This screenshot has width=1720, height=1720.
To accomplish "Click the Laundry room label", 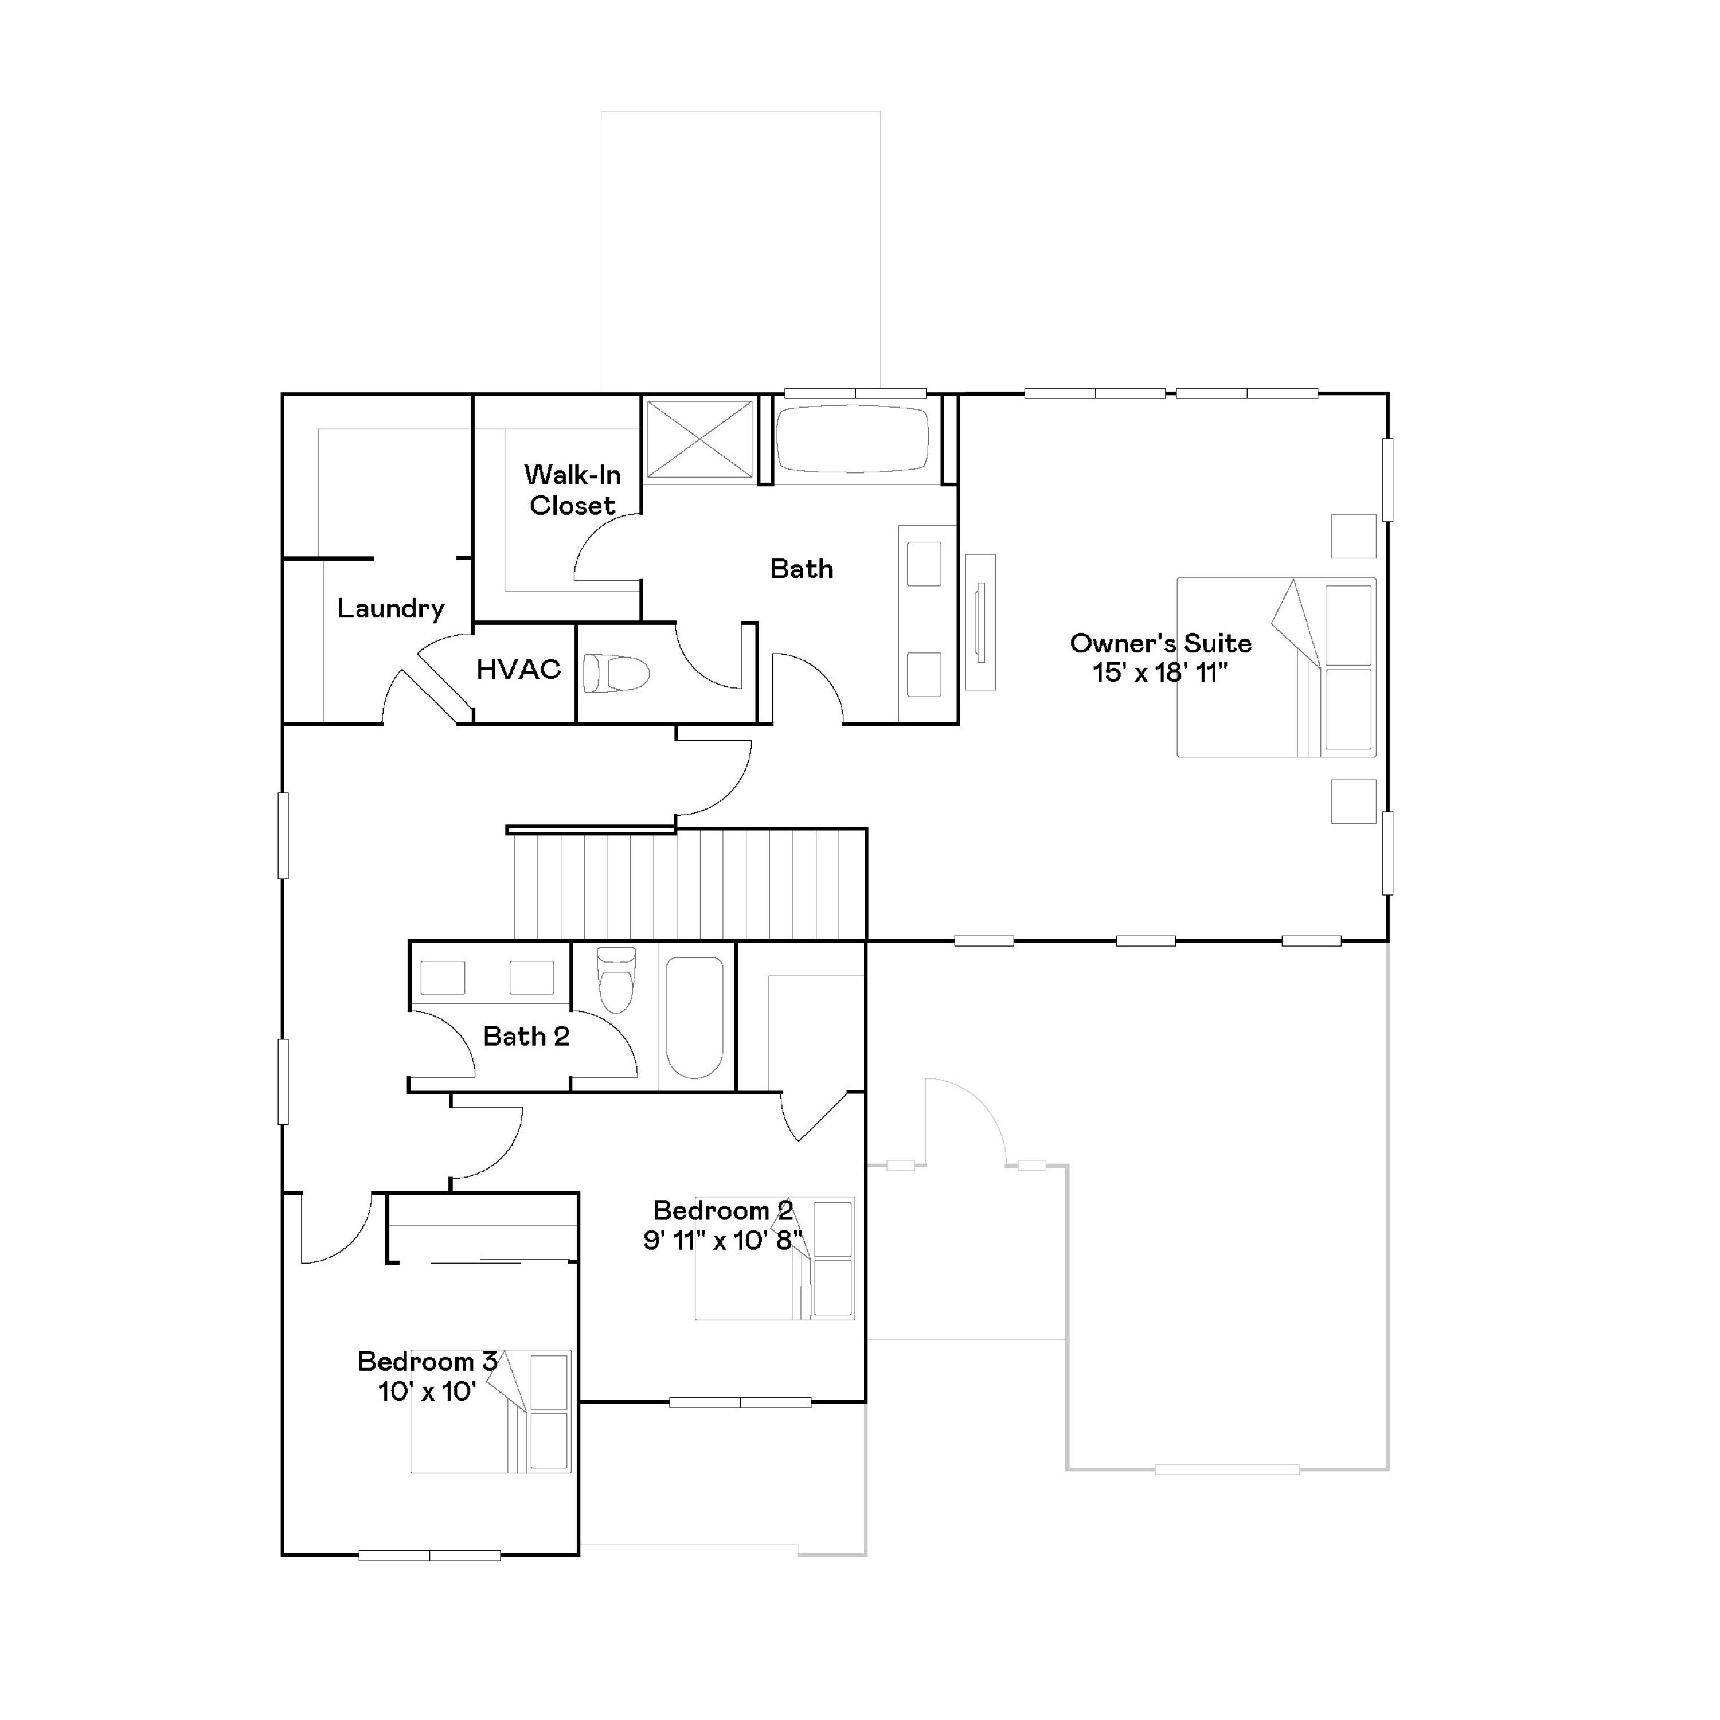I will pos(391,609).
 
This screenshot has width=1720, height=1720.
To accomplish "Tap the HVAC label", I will pos(519,670).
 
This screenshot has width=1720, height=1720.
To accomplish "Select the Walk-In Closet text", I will pos(572,490).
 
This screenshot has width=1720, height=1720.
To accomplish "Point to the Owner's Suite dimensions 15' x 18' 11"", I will pos(1160,673).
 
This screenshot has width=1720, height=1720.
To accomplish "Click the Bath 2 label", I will pos(526,1036).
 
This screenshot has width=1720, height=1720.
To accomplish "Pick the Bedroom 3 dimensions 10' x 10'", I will pos(427,1391).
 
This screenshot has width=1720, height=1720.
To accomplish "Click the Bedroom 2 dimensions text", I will pos(723,1240).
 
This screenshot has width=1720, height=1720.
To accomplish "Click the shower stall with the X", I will pos(699,439).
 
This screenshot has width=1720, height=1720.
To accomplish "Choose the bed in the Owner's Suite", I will pos(1276,668).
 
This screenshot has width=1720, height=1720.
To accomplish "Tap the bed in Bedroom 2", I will pos(775,1258).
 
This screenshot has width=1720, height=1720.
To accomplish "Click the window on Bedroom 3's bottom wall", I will pos(430,1556).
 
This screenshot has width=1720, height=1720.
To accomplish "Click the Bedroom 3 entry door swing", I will pos(333,1229).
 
